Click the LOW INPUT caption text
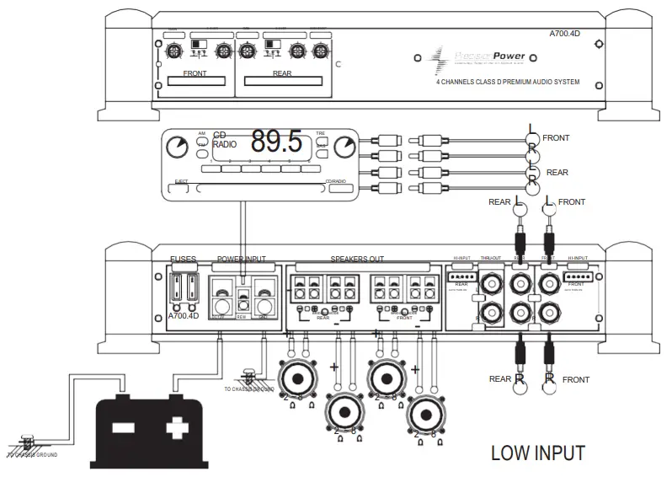pos(537,453)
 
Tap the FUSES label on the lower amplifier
pos(184,260)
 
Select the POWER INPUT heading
pos(241,260)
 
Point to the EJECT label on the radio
pos(181,181)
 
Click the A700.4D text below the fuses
pos(184,316)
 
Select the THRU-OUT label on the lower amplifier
pos(491,260)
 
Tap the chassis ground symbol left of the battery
pos(27,444)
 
